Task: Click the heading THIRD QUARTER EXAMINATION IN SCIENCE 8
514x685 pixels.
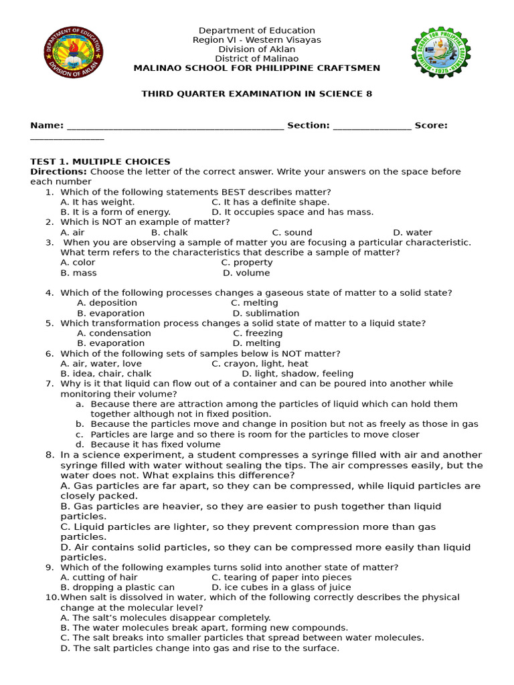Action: pyautogui.click(x=256, y=94)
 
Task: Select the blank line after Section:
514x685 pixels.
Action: pyautogui.click(x=371, y=126)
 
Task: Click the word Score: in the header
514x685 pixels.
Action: pyautogui.click(x=431, y=125)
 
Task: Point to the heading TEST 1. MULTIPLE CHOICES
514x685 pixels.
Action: pyautogui.click(x=100, y=162)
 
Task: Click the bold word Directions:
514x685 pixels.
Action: pyautogui.click(x=59, y=172)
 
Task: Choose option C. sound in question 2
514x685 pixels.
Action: pyautogui.click(x=292, y=232)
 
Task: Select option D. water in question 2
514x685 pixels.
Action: pyautogui.click(x=412, y=232)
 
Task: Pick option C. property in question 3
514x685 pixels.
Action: pyautogui.click(x=247, y=263)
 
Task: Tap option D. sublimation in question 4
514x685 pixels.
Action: pyautogui.click(x=266, y=313)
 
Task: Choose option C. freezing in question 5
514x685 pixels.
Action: pyautogui.click(x=258, y=333)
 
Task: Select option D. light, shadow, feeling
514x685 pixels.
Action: pyautogui.click(x=298, y=373)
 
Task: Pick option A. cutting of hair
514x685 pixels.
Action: pyautogui.click(x=99, y=577)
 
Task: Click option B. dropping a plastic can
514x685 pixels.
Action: pyautogui.click(x=117, y=587)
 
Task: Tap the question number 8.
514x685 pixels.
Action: pyautogui.click(x=50, y=455)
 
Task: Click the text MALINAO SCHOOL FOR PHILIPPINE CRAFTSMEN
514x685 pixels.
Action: pyautogui.click(x=256, y=68)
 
